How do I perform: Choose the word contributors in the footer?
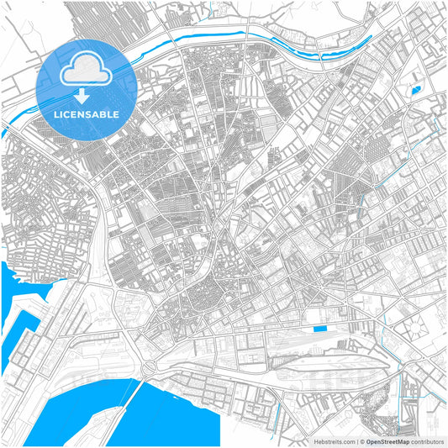(426, 440)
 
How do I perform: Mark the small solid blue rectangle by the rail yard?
(319, 329)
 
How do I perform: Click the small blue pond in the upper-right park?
(414, 87)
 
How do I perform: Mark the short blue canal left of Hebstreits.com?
(276, 417)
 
